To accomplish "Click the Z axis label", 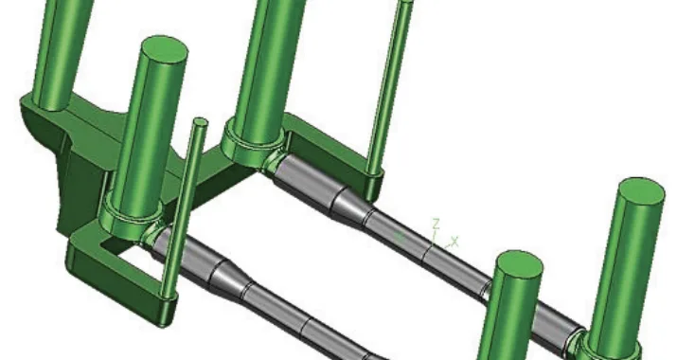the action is click(x=436, y=224).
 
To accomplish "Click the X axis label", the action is click(x=454, y=241).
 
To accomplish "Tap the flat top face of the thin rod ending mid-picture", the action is click(x=201, y=122).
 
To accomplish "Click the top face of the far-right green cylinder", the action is click(x=641, y=189).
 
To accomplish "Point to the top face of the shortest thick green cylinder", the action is click(x=520, y=262).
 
